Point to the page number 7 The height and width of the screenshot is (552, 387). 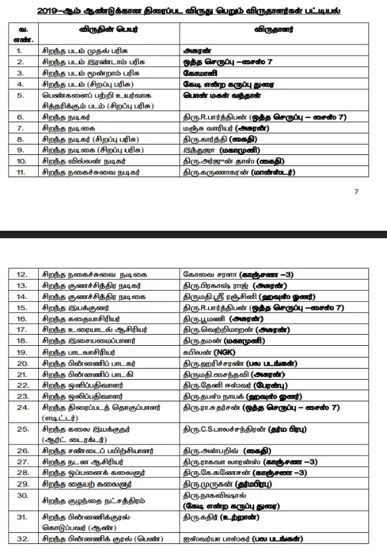(x=356, y=192)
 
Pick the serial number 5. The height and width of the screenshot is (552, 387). (x=21, y=96)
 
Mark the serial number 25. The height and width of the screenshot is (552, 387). (x=22, y=429)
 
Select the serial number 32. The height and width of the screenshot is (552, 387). (x=22, y=539)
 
